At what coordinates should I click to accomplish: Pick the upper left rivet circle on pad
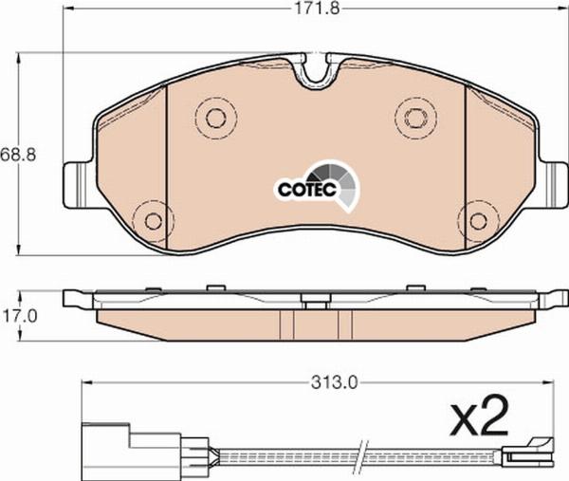tap(215, 118)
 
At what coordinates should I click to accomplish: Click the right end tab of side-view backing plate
tap(550, 300)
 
